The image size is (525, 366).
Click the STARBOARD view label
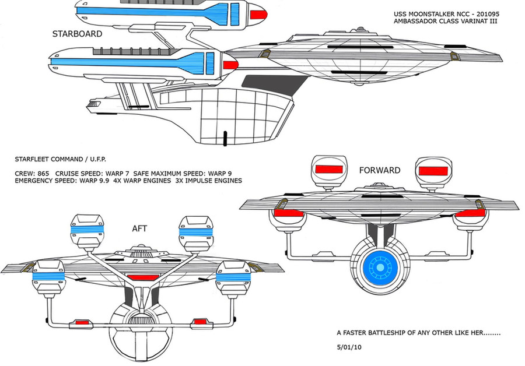77,34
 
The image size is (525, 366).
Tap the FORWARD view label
380,170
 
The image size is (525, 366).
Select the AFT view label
139,228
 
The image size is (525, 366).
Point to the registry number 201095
485,14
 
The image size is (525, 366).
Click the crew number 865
43,174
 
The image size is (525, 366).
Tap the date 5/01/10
349,347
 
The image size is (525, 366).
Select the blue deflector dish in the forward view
380,268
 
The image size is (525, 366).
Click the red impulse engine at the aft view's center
143,277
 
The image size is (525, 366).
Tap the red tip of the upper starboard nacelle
258,15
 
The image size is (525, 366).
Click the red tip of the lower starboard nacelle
230,65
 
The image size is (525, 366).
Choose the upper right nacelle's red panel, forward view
433,171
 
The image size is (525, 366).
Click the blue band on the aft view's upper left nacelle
87,230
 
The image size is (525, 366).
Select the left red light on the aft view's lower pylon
81,322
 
